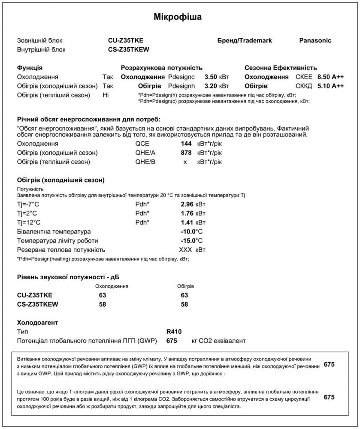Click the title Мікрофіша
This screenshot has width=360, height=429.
point(178,17)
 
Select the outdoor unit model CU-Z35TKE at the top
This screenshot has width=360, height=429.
point(126,40)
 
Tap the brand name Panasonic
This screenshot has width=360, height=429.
point(315,40)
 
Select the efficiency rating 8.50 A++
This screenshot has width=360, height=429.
point(330,77)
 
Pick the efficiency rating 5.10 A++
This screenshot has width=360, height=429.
point(330,86)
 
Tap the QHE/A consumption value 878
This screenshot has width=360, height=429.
point(186,152)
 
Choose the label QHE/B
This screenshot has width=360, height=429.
point(145,162)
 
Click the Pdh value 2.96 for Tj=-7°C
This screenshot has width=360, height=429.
point(187,204)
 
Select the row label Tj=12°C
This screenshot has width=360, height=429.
point(29,222)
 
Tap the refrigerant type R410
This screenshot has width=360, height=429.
point(174,331)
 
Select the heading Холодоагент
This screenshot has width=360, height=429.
point(37,322)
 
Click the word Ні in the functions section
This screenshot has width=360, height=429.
point(106,95)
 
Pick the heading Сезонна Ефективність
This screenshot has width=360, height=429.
point(281,68)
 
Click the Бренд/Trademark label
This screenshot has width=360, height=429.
point(245,40)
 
